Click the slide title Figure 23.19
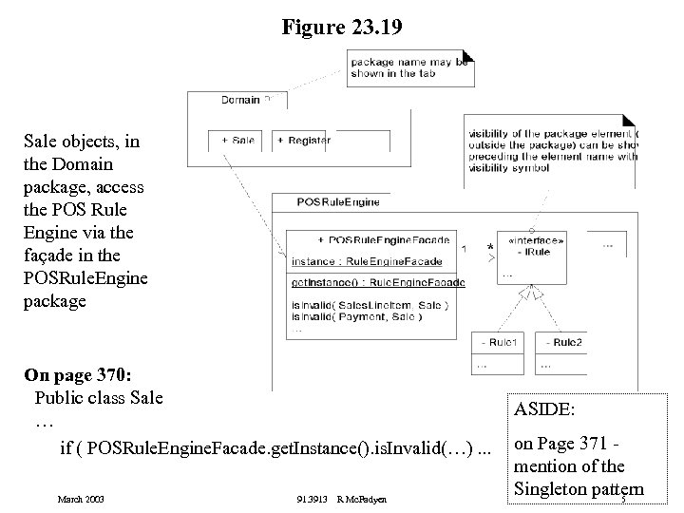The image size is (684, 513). pyautogui.click(x=341, y=28)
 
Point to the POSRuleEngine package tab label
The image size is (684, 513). pyautogui.click(x=325, y=202)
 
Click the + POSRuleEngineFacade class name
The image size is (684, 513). pyautogui.click(x=383, y=240)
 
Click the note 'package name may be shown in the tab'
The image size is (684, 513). pyautogui.click(x=409, y=66)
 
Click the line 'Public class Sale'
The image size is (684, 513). pyautogui.click(x=98, y=397)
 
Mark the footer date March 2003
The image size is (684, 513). pyautogui.click(x=81, y=499)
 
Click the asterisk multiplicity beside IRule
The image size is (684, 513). pyautogui.click(x=490, y=249)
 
